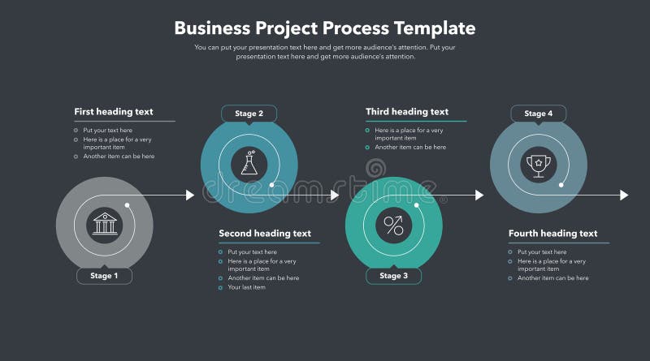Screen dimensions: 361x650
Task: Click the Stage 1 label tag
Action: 104,276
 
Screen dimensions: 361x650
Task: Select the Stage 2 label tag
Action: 249,114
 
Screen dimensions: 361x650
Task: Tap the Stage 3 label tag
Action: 394,276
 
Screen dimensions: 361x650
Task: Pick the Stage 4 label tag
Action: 538,114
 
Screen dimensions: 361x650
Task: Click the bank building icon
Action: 105,223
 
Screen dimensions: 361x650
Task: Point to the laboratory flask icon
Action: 249,164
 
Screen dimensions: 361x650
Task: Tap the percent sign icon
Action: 394,225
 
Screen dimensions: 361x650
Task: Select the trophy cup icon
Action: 538,164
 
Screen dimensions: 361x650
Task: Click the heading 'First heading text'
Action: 113,112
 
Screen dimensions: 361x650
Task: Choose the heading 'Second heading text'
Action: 265,234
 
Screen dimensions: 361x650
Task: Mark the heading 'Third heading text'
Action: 407,112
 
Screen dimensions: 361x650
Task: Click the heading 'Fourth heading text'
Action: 552,234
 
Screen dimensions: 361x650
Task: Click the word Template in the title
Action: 435,28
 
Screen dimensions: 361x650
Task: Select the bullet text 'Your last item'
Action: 246,287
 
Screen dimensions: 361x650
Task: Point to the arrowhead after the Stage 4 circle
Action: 624,195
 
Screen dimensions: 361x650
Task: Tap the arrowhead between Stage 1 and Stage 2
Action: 190,195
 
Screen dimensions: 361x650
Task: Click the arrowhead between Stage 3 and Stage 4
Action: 479,195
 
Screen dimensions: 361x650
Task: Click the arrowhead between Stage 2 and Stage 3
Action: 335,195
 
